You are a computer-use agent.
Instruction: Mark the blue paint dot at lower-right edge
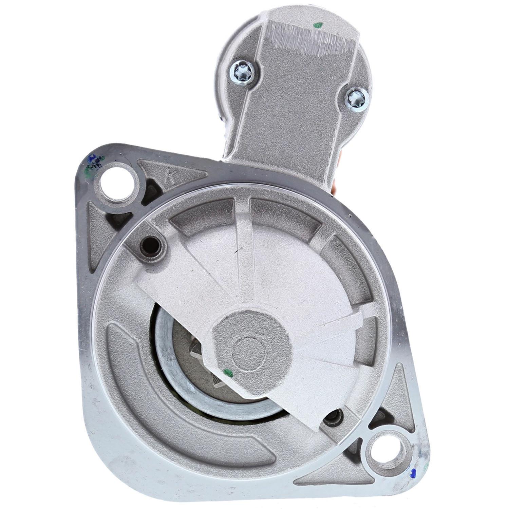(413, 472)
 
